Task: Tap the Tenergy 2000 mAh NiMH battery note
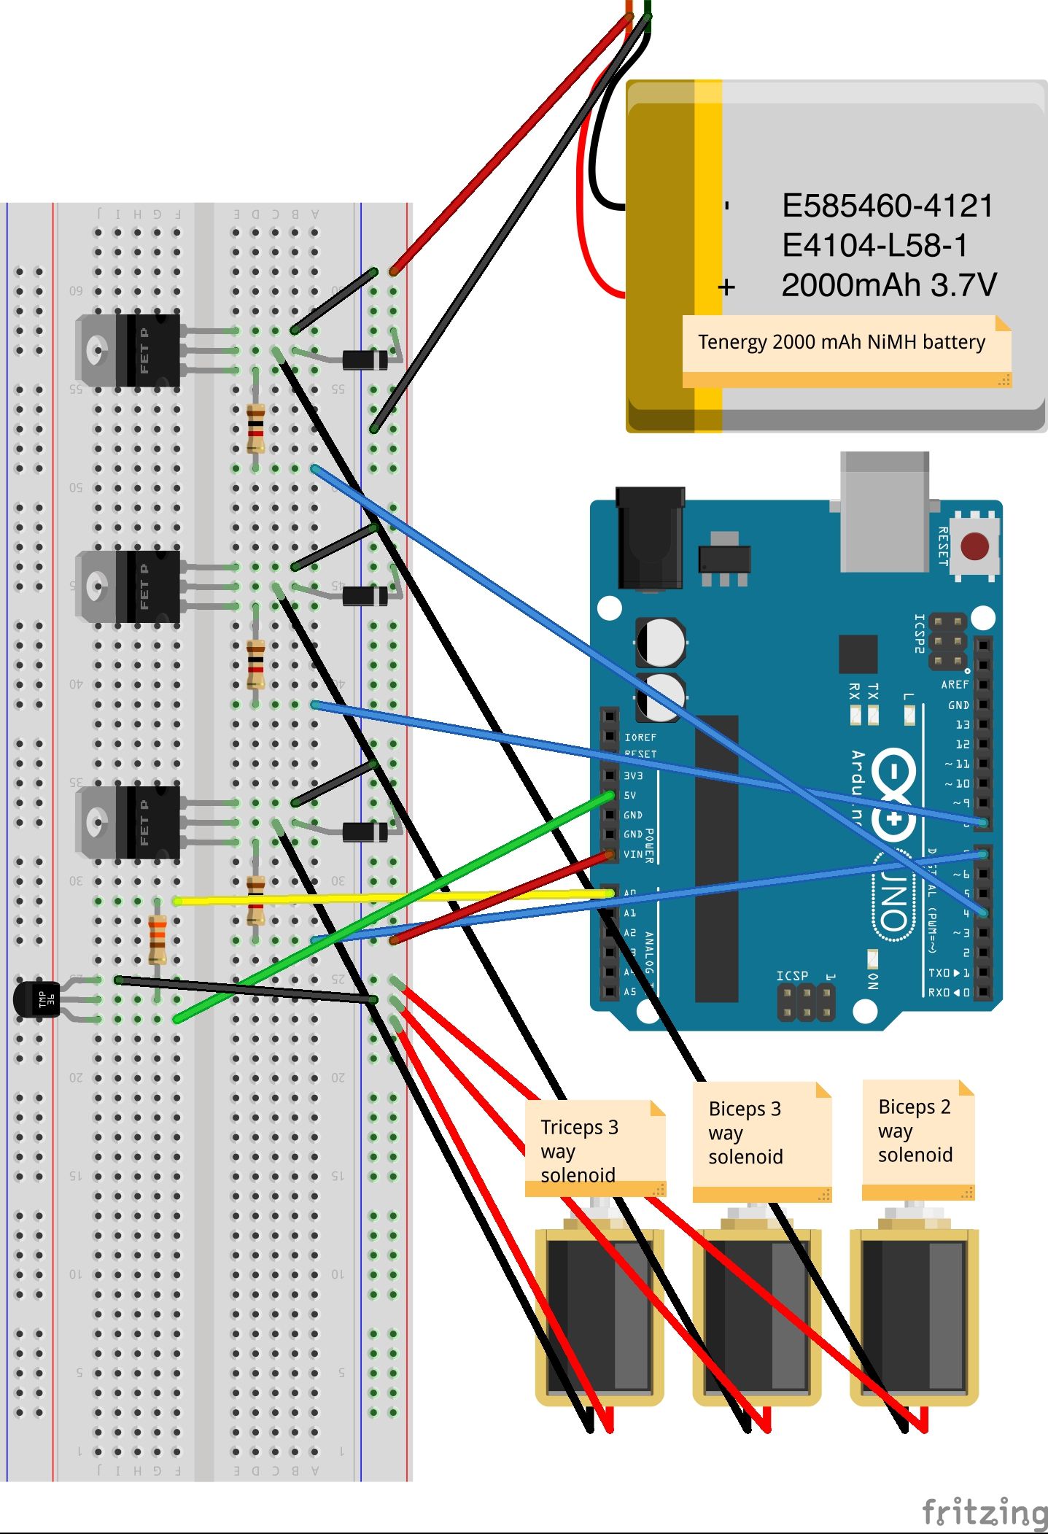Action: pyautogui.click(x=842, y=342)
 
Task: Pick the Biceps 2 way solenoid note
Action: pyautogui.click(x=917, y=1132)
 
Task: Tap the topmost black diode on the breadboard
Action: pyautogui.click(x=365, y=360)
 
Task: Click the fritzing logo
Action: pyautogui.click(x=985, y=1512)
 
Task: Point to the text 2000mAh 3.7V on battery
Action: pyautogui.click(x=888, y=285)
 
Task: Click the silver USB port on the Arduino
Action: pyautogui.click(x=885, y=511)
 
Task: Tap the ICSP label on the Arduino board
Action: pyautogui.click(x=791, y=975)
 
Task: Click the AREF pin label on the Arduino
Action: pyautogui.click(x=954, y=685)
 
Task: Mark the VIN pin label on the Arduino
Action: pyautogui.click(x=632, y=854)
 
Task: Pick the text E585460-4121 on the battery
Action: pyautogui.click(x=887, y=206)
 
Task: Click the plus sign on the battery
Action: pyautogui.click(x=726, y=287)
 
